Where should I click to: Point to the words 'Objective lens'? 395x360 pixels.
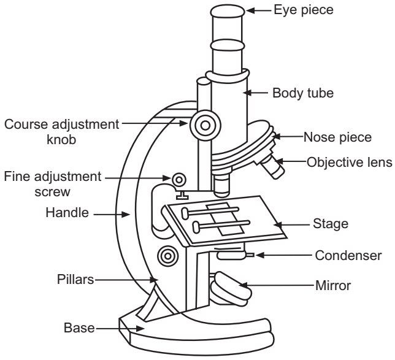[x=348, y=163]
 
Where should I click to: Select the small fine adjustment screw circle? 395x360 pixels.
[x=179, y=179]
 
